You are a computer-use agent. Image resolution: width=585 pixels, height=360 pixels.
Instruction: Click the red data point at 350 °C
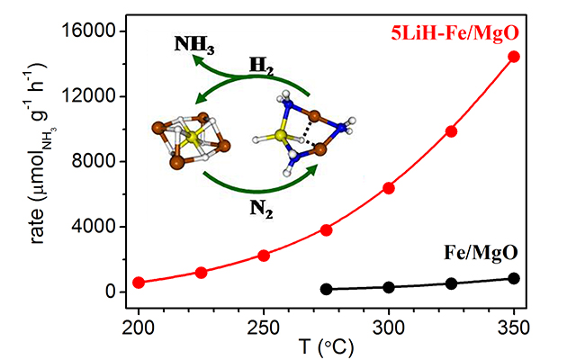(514, 57)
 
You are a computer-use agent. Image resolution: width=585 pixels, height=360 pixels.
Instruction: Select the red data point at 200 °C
(139, 283)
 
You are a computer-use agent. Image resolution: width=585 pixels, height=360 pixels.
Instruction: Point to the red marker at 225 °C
(202, 272)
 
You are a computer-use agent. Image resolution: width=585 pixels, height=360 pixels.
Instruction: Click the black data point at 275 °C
(327, 289)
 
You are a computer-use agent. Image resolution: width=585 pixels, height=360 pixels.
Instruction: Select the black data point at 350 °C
(514, 278)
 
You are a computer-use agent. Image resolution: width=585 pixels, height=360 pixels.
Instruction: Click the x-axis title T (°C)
(327, 345)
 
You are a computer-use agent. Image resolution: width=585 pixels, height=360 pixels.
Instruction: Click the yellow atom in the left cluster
(191, 139)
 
